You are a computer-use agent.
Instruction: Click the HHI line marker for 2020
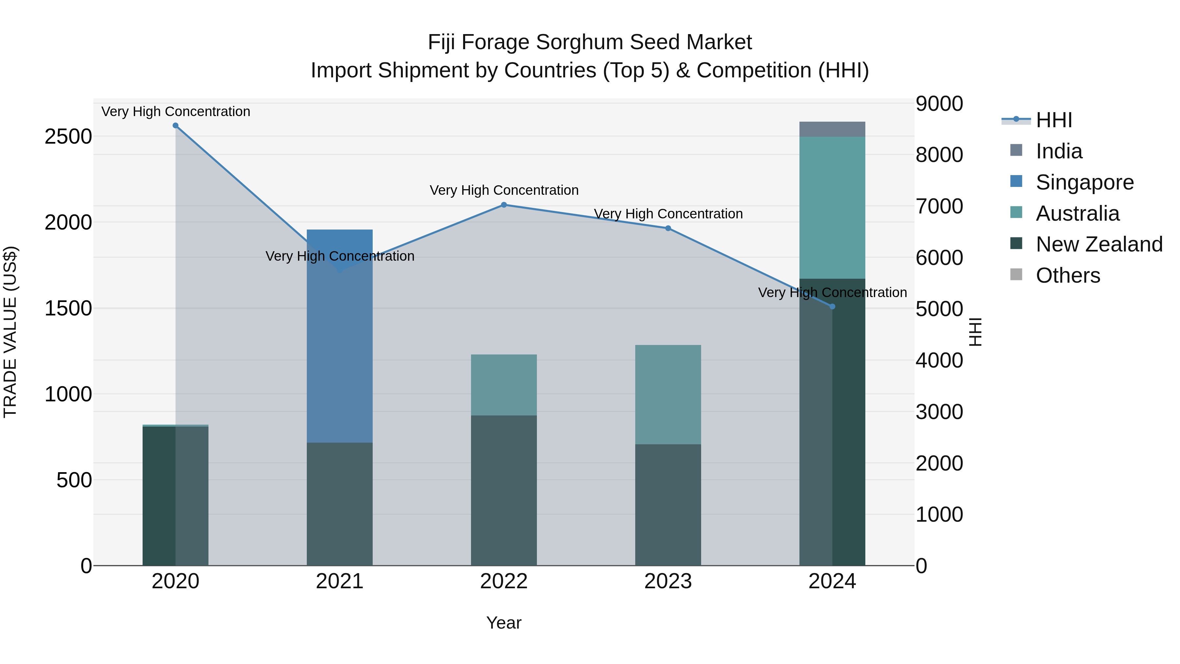click(x=175, y=126)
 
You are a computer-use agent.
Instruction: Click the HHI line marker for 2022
click(x=504, y=205)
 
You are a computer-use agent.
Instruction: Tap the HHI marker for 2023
click(x=668, y=228)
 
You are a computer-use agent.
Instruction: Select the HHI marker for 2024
click(x=832, y=307)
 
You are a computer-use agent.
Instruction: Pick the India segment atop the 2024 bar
click(x=832, y=129)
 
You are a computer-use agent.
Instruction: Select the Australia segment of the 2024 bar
click(x=832, y=208)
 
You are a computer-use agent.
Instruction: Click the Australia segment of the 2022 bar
click(x=504, y=385)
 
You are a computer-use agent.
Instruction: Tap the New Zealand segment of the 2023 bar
click(x=668, y=504)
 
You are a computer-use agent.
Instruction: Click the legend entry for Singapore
click(x=1084, y=182)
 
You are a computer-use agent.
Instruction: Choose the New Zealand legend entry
click(x=1098, y=244)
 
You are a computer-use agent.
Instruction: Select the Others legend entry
click(x=1067, y=275)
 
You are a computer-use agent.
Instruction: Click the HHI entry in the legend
click(x=1053, y=120)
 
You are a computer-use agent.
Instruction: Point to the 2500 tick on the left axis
click(x=68, y=136)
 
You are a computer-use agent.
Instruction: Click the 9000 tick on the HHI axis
click(x=939, y=104)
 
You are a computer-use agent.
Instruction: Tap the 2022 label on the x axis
click(x=504, y=581)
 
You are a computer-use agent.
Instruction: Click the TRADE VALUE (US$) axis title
click(x=10, y=332)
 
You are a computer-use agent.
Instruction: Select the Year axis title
click(x=504, y=623)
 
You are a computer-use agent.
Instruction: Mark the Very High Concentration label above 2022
click(x=504, y=190)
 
